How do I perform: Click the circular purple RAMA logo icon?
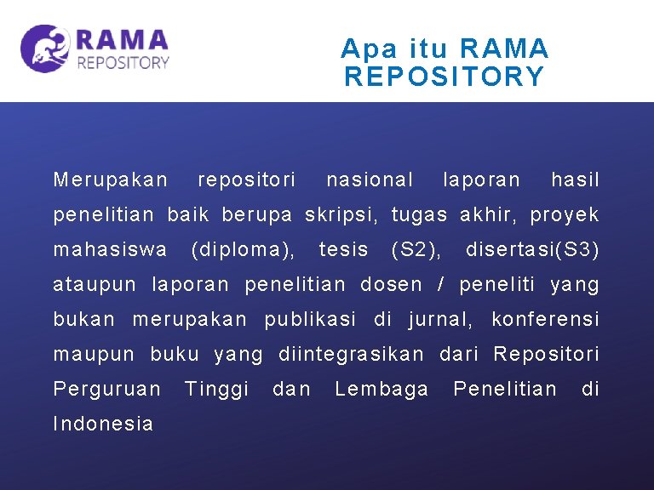coord(45,48)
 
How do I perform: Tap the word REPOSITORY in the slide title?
coord(444,77)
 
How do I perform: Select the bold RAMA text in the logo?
coord(122,40)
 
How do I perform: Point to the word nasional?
coord(370,179)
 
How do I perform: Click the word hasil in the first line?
coord(575,179)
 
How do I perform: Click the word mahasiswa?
coord(110,250)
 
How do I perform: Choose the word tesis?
coord(343,250)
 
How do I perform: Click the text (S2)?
coord(416,250)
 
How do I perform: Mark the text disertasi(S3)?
coord(532,250)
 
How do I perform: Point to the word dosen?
coord(391,285)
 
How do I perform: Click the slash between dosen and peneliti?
coord(440,285)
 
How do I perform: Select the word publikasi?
coord(310,320)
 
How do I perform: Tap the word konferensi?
coord(545,320)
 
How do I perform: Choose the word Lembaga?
coord(381,390)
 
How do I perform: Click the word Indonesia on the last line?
coord(103,424)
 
